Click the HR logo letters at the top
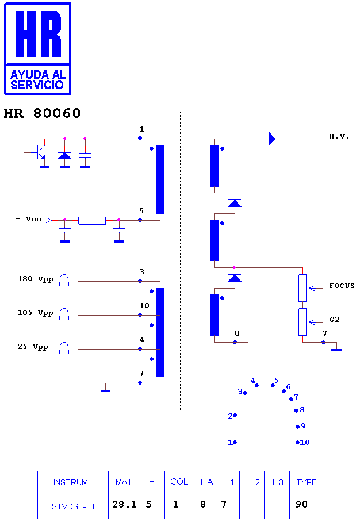38,34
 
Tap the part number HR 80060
43,113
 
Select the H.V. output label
339,136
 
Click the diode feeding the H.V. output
272,139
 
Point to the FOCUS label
342,286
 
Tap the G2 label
334,320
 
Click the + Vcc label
29,219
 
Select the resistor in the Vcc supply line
92,220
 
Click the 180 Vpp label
35,279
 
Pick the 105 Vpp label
35,313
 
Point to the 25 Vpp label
33,347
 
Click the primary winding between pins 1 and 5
160,179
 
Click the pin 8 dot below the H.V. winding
235,342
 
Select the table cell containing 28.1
125,505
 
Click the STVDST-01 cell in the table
73,505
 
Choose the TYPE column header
307,482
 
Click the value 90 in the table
302,504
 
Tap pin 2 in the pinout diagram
235,416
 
